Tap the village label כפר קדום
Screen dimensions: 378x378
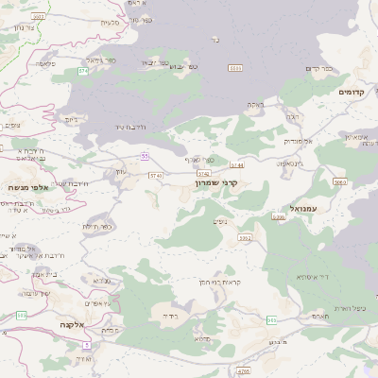320,69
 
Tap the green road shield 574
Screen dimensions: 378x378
83,71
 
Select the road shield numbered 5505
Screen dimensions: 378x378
279,217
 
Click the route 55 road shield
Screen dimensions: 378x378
145,155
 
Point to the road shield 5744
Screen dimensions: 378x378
236,164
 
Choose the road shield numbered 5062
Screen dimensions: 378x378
339,180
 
